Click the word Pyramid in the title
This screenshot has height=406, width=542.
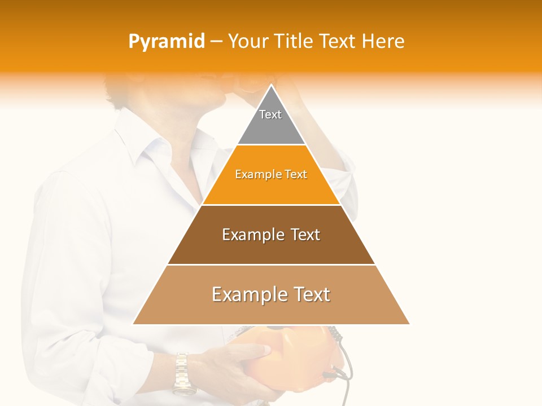[x=167, y=42]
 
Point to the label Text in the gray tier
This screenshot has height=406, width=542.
[x=270, y=114]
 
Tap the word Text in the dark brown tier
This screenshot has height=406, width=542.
[x=300, y=235]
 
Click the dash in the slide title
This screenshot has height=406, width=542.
[x=216, y=42]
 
